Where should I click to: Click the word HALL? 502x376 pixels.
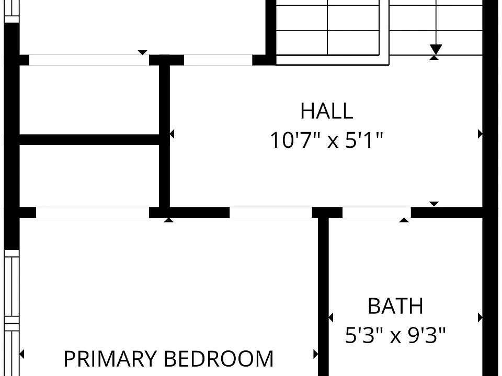pyautogui.click(x=326, y=111)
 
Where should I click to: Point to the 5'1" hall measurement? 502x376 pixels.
pyautogui.click(x=364, y=140)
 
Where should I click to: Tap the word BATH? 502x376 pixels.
pyautogui.click(x=395, y=306)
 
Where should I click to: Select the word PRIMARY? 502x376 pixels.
pyautogui.click(x=110, y=358)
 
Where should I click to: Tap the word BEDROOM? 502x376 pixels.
pyautogui.click(x=219, y=358)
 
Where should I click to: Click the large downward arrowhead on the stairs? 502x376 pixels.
pyautogui.click(x=436, y=49)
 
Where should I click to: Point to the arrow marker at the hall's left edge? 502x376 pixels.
pyautogui.click(x=172, y=134)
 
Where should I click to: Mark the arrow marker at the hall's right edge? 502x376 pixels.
pyautogui.click(x=480, y=134)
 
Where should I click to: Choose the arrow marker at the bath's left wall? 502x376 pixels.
pyautogui.click(x=330, y=318)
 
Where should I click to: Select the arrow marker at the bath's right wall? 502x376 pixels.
pyautogui.click(x=480, y=318)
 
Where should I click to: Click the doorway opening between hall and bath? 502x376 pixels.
pyautogui.click(x=376, y=213)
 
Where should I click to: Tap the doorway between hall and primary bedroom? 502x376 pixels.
pyautogui.click(x=271, y=213)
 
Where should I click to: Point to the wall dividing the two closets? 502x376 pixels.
pyautogui.click(x=89, y=140)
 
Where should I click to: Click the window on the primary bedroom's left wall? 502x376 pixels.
pyautogui.click(x=12, y=313)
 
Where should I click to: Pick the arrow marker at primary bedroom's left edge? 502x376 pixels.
pyautogui.click(x=22, y=354)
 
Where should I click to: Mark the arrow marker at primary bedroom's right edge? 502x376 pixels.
pyautogui.click(x=316, y=354)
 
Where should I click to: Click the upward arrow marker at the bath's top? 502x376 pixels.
pyautogui.click(x=404, y=220)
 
